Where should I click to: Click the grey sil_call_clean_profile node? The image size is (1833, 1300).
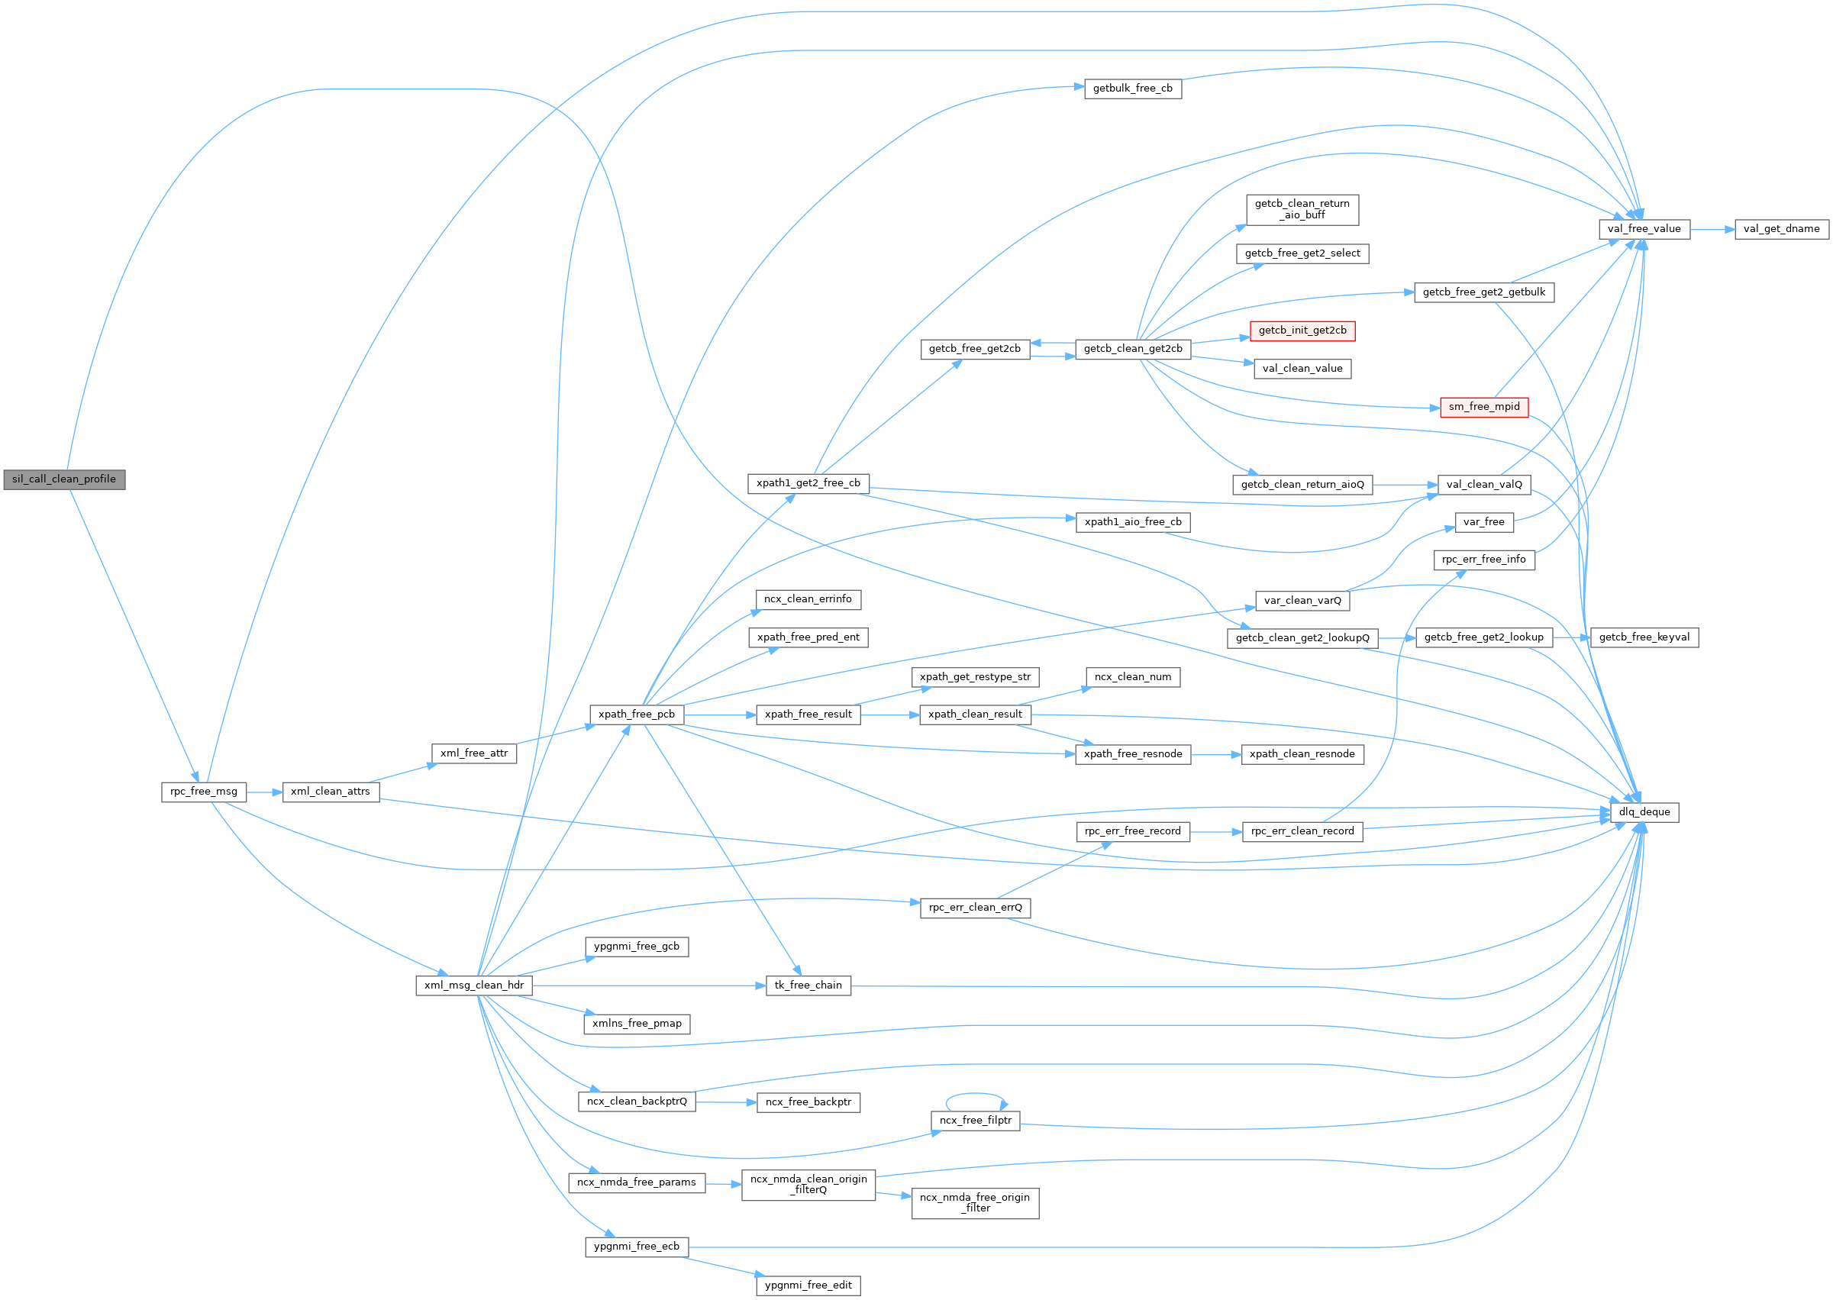point(64,479)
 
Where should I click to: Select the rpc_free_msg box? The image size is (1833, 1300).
point(203,792)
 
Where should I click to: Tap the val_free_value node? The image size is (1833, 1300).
point(1644,229)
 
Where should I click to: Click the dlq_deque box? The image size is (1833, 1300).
point(1644,811)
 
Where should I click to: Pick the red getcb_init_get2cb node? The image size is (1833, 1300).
point(1302,331)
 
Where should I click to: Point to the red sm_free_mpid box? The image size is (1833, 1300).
point(1484,407)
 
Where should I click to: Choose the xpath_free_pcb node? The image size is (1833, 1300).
point(637,714)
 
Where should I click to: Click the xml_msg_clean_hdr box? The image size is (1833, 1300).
point(474,985)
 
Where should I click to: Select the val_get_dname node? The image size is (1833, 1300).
point(1782,229)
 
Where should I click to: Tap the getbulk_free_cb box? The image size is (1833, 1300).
point(1133,89)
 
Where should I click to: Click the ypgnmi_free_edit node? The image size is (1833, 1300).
point(808,1285)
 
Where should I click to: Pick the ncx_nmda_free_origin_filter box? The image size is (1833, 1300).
point(975,1203)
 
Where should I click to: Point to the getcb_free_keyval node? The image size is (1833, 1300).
point(1644,637)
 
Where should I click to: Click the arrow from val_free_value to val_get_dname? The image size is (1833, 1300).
point(1712,229)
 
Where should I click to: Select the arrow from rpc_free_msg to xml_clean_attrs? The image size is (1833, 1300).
point(264,792)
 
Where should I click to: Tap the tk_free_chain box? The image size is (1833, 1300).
point(808,985)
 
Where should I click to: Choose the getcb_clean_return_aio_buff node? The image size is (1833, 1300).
point(1302,210)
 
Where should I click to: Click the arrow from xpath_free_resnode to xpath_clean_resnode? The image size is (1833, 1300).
point(1216,754)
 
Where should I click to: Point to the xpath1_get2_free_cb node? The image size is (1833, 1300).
point(808,483)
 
